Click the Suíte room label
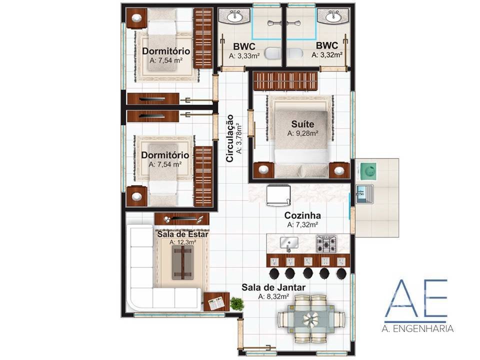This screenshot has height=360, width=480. pyautogui.click(x=302, y=124)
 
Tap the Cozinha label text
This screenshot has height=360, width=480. pyautogui.click(x=302, y=215)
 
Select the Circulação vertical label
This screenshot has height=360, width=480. pyautogui.click(x=229, y=138)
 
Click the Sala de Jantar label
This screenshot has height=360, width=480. pyautogui.click(x=273, y=287)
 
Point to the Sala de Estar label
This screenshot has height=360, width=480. pyautogui.click(x=183, y=234)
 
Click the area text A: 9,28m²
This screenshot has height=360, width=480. pyautogui.click(x=302, y=133)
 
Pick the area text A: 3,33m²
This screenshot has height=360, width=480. pyautogui.click(x=244, y=55)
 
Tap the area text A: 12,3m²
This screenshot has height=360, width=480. pyautogui.click(x=183, y=242)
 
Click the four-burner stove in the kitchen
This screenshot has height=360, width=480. pyautogui.click(x=326, y=243)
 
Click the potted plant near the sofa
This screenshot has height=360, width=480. pyautogui.click(x=236, y=303)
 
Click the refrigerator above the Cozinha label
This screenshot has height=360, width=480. pyautogui.click(x=278, y=195)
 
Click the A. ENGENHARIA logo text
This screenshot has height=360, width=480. pyautogui.click(x=417, y=329)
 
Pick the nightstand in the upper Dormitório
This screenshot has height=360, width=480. pyautogui.click(x=136, y=18)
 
